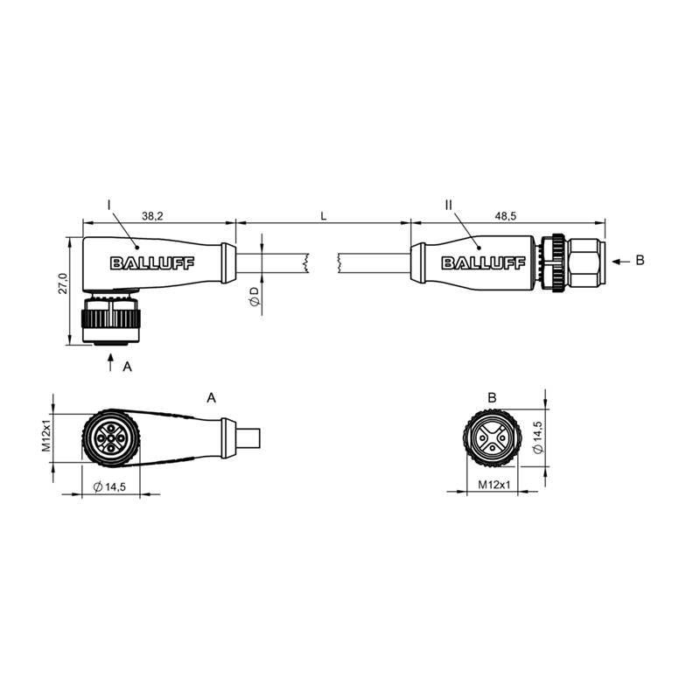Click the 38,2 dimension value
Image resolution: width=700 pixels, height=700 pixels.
coord(152,216)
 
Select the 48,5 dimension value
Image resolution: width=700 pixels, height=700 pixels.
coord(506,216)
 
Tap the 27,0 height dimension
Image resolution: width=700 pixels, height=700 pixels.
coord(63,283)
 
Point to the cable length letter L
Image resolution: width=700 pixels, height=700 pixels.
coord(324,216)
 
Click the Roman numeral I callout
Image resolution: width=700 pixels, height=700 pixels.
coord(108,205)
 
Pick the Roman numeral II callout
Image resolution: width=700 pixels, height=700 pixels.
coord(449,205)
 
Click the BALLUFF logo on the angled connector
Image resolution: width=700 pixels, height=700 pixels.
coord(152,263)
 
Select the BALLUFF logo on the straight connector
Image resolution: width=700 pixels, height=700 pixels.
coord(484,263)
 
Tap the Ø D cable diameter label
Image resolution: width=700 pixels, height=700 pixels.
coord(255,297)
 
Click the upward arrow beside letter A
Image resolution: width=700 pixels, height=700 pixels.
coord(111,362)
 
